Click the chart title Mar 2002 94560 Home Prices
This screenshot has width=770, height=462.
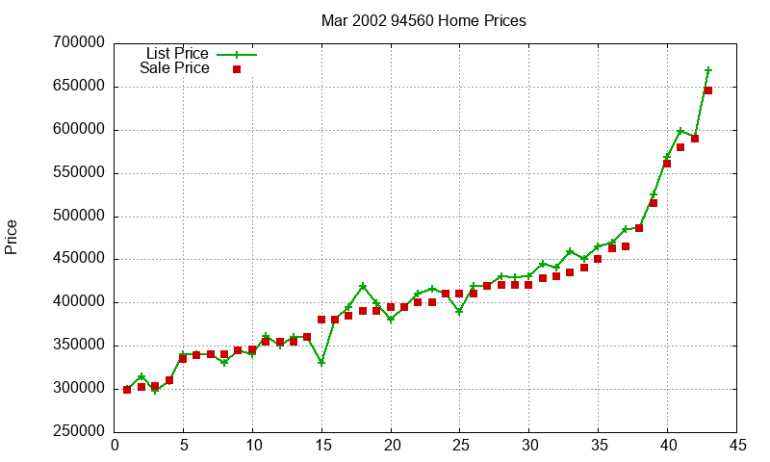pyautogui.click(x=424, y=21)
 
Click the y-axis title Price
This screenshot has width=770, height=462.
pyautogui.click(x=12, y=237)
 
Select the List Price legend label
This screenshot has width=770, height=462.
pyautogui.click(x=177, y=54)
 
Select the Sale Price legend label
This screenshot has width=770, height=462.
pyautogui.click(x=174, y=68)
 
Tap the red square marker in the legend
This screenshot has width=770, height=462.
pyautogui.click(x=236, y=69)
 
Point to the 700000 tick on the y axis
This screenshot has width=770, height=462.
pyautogui.click(x=81, y=43)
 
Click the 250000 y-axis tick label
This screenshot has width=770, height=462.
pyautogui.click(x=81, y=432)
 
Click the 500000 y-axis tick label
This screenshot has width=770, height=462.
pyautogui.click(x=81, y=217)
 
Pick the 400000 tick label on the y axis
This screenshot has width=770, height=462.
pyautogui.click(x=81, y=302)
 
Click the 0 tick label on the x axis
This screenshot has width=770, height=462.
pyautogui.click(x=115, y=446)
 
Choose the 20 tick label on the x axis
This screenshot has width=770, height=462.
pyautogui.click(x=391, y=446)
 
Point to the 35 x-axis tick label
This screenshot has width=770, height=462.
pyautogui.click(x=598, y=446)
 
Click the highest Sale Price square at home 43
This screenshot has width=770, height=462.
pyautogui.click(x=708, y=90)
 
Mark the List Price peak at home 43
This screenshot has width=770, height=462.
pyautogui.click(x=708, y=70)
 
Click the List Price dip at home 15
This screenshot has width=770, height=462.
pyautogui.click(x=321, y=363)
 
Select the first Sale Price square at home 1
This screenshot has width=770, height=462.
pyautogui.click(x=127, y=390)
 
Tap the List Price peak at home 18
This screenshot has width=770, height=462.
pyautogui.click(x=363, y=287)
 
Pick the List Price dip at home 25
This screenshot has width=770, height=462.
pyautogui.click(x=459, y=312)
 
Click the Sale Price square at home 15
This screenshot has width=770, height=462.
pyautogui.click(x=321, y=320)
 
